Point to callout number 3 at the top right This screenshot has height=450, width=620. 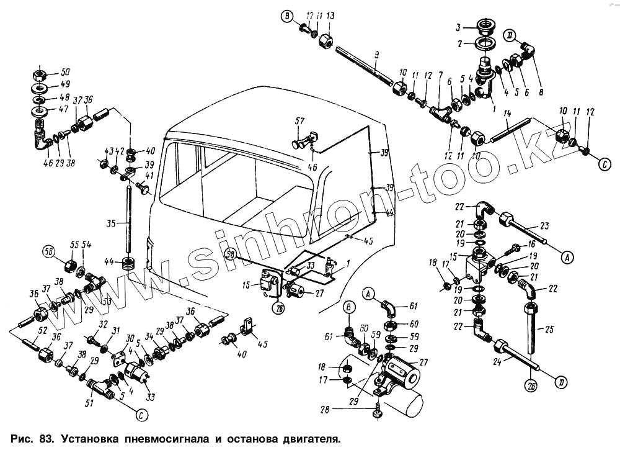458,27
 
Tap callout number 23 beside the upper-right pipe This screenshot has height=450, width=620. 544,226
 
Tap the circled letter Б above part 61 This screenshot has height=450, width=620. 348,305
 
